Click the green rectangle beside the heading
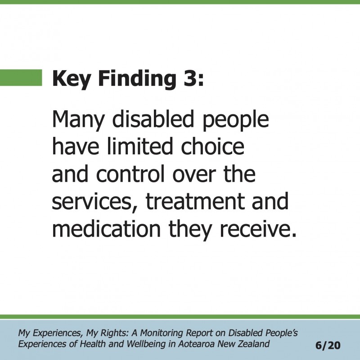21,77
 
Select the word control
130,174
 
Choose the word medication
107,229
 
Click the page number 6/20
328,345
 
